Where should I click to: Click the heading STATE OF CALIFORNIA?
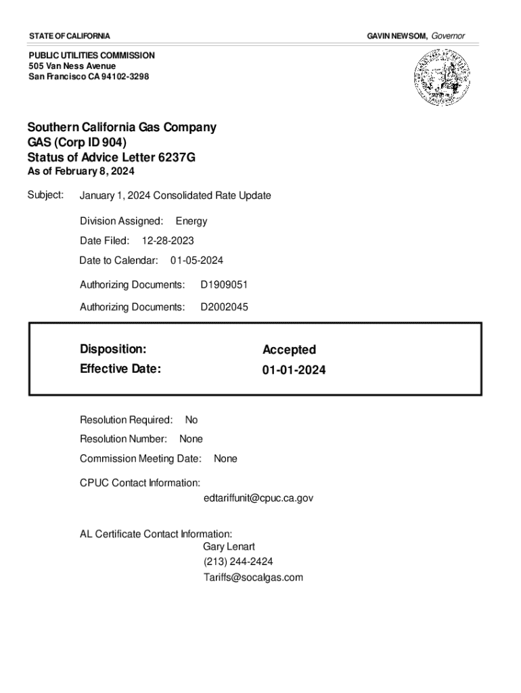(x=69, y=35)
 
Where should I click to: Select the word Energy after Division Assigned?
(x=191, y=221)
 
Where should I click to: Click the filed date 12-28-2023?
(x=168, y=240)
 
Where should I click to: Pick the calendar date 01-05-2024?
(x=197, y=261)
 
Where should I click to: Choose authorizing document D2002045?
(x=224, y=307)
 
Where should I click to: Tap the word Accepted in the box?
(x=289, y=350)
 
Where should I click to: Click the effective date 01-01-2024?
(x=294, y=370)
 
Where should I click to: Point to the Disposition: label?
(x=113, y=349)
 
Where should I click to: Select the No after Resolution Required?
(x=191, y=420)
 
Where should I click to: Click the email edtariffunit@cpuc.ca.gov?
(x=258, y=498)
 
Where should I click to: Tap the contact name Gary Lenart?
(x=229, y=547)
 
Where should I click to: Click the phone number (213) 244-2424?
(x=238, y=562)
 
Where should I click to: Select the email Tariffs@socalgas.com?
(x=253, y=578)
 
